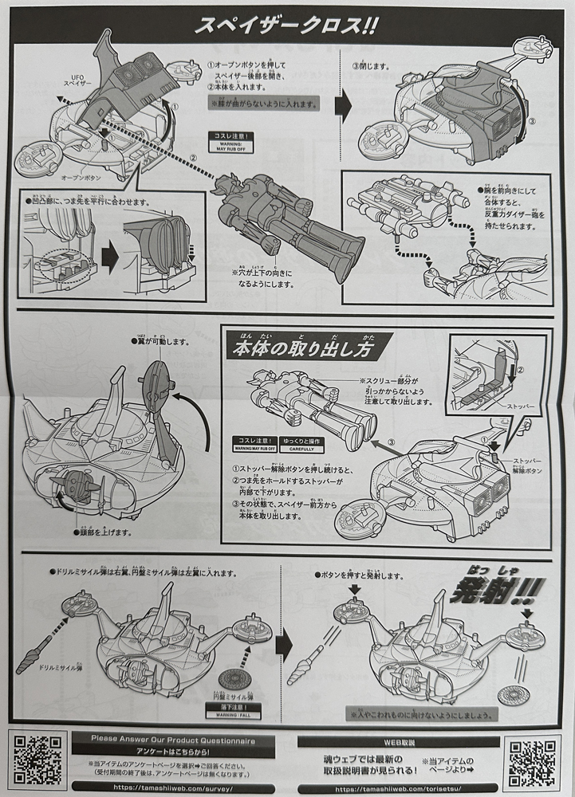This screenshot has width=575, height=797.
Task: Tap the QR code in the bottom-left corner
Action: (x=38, y=760)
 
